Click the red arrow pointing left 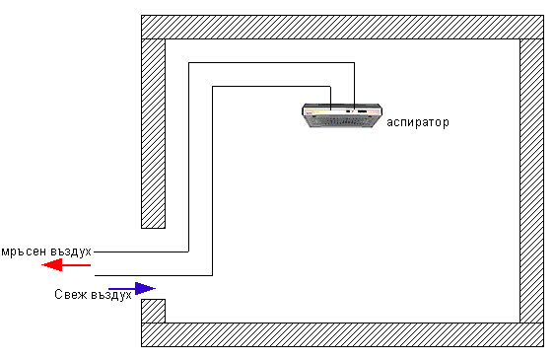70,265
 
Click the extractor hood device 341,116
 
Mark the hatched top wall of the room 341,27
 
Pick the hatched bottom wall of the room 341,334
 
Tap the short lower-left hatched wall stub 153,311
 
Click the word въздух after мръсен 69,251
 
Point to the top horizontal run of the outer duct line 271,62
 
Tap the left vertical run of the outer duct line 188,158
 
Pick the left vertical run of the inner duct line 212,178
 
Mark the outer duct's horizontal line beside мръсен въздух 138,252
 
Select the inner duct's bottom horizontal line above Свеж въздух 153,275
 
